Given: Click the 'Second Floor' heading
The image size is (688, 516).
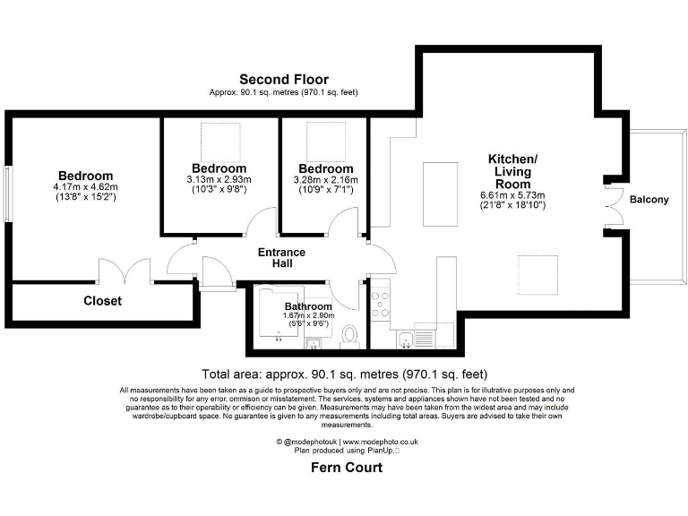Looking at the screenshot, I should tap(283, 80).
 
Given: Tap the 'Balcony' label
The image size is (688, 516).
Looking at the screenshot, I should tap(648, 199).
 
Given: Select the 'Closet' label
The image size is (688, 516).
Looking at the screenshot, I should tap(102, 301).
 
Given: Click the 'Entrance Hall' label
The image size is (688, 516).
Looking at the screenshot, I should tap(281, 258).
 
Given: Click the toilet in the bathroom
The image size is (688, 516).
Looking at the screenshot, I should tap(350, 335).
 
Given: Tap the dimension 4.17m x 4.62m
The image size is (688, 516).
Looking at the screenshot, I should tap(85, 186).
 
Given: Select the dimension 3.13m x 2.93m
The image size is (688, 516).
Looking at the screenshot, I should tap(219, 179).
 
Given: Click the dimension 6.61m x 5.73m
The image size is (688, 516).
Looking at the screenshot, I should tap(512, 194).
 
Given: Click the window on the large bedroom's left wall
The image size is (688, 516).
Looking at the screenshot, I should tap(8, 193).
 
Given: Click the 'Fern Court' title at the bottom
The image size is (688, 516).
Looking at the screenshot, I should tap(346, 467).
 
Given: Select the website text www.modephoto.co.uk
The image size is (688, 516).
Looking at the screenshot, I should tap(380, 442).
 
